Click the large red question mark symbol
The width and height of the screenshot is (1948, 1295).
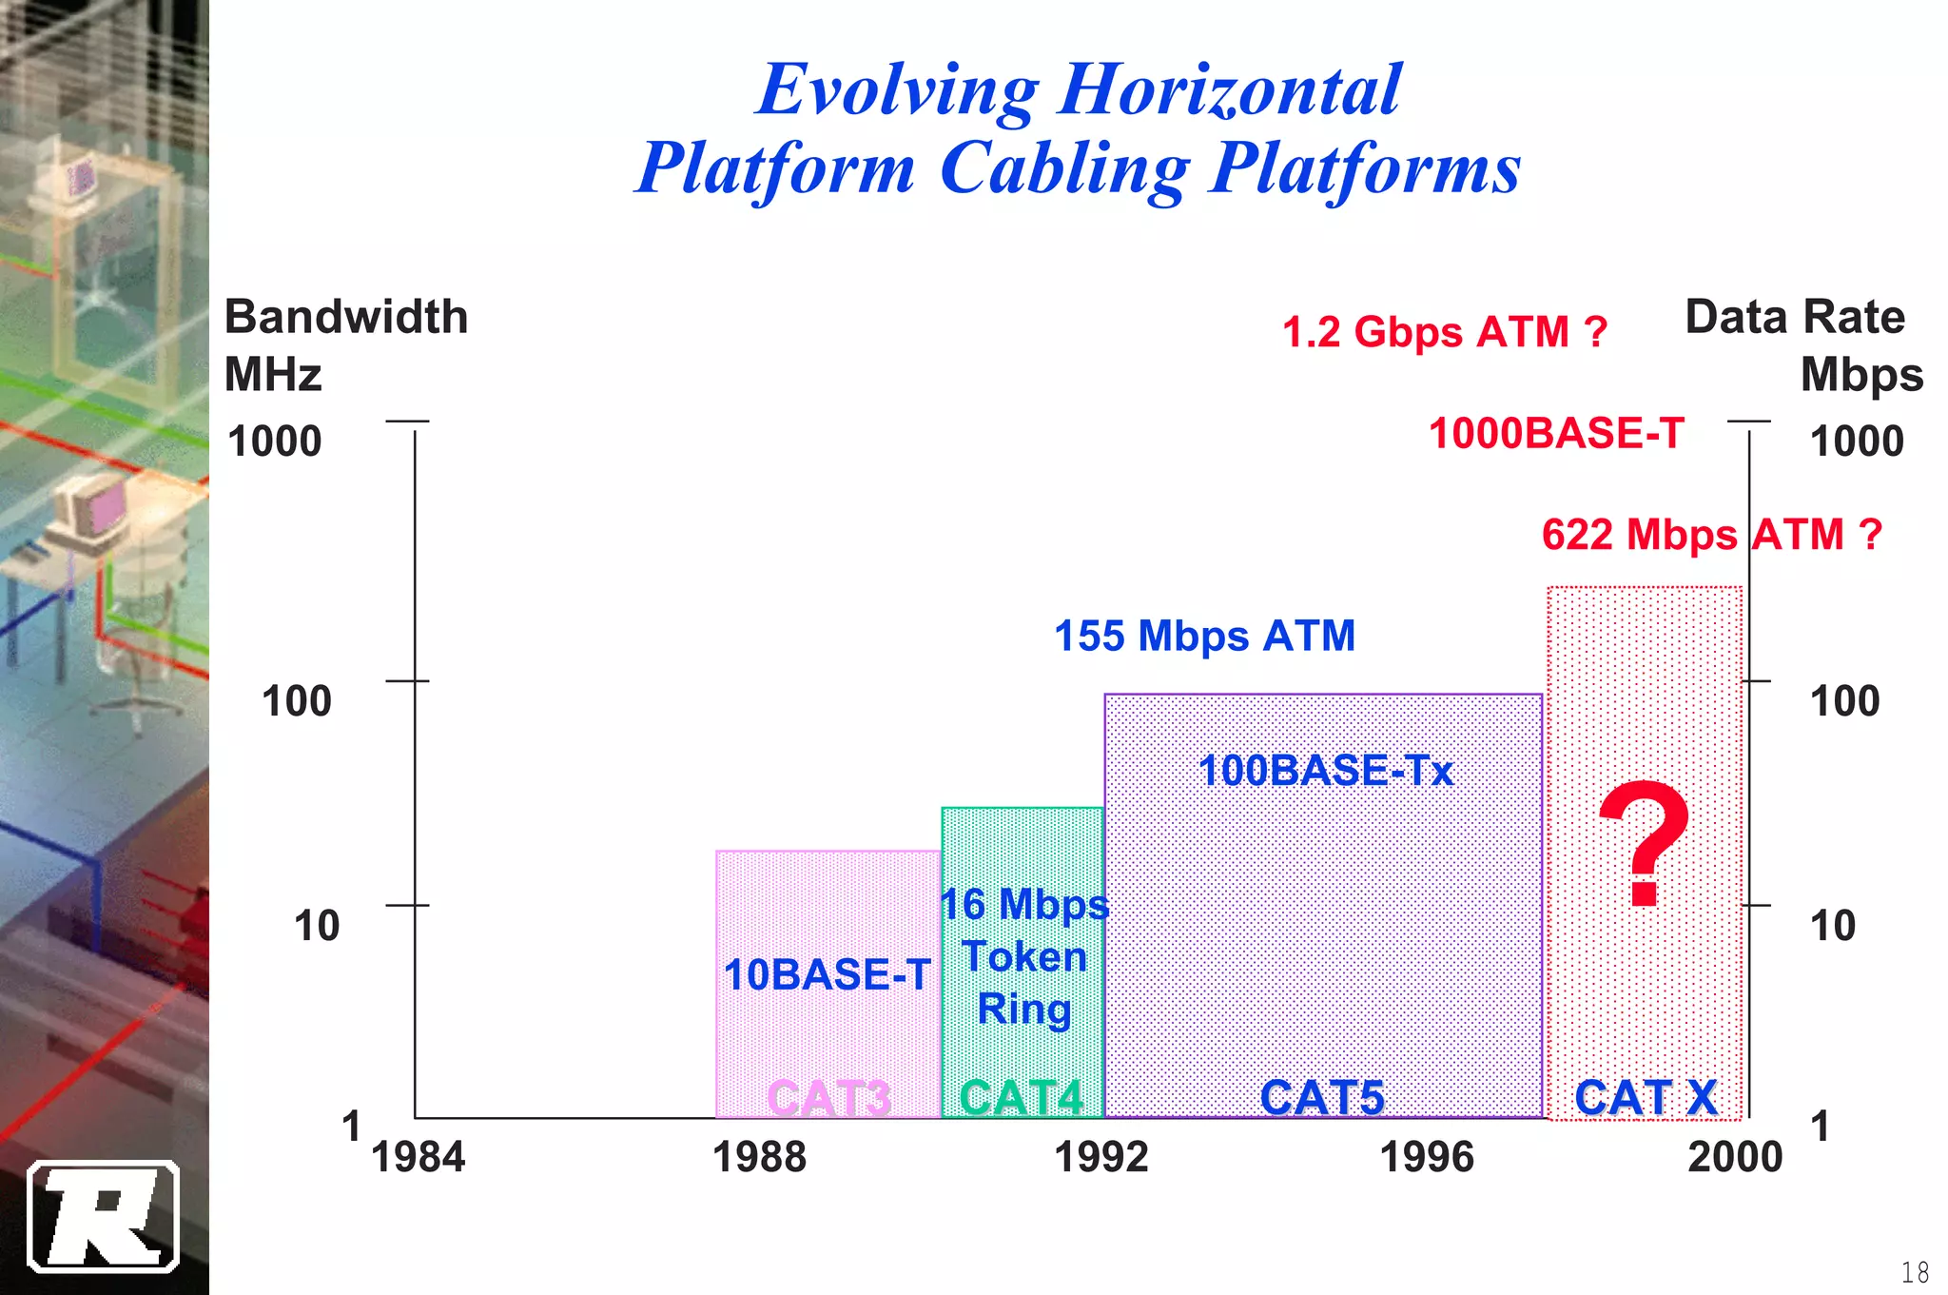point(1645,842)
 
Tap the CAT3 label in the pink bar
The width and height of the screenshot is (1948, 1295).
point(828,1097)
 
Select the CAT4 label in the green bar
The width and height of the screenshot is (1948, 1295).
point(1022,1097)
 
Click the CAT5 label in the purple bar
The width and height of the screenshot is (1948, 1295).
point(1322,1097)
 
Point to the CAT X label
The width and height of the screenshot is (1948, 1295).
point(1646,1097)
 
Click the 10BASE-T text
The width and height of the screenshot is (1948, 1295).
point(827,974)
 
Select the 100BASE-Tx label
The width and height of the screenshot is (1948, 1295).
point(1325,770)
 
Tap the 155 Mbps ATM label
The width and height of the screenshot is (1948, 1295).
point(1204,636)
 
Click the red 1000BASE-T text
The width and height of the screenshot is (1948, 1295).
point(1556,434)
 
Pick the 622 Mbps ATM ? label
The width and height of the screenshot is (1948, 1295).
point(1711,534)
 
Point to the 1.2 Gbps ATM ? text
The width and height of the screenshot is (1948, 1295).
point(1444,332)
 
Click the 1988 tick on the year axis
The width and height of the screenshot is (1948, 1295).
point(759,1157)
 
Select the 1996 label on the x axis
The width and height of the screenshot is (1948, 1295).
point(1427,1157)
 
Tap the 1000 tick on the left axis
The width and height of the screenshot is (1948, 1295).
point(275,441)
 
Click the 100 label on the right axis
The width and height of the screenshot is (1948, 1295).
point(1844,701)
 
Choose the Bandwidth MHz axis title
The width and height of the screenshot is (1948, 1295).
point(345,344)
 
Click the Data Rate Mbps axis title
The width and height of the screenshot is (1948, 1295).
point(1803,344)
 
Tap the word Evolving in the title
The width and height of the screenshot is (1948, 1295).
point(897,90)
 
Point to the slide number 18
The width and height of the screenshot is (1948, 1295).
point(1915,1271)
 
